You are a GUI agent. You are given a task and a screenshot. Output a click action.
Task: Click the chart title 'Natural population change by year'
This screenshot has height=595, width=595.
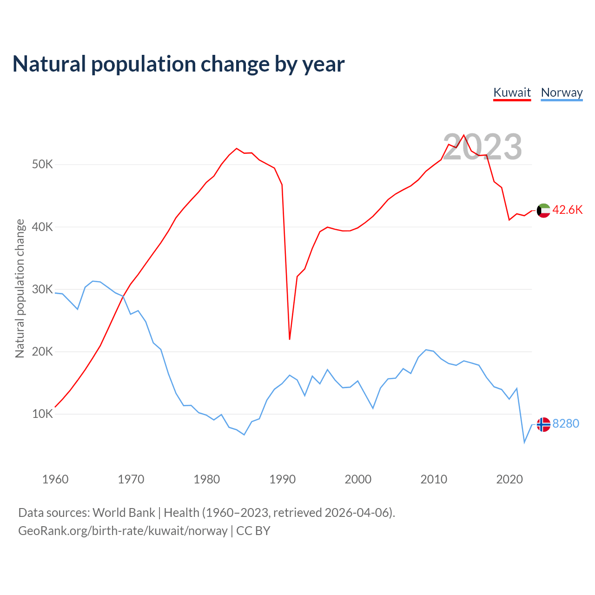click(178, 64)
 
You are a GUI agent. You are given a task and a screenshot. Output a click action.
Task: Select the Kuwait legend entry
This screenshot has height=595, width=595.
click(512, 93)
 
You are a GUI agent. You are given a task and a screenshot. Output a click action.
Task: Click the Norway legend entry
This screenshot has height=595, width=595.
click(562, 93)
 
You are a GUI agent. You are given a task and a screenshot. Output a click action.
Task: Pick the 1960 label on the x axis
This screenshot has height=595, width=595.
click(55, 479)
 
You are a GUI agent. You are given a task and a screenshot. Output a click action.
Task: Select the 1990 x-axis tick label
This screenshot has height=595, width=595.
click(283, 479)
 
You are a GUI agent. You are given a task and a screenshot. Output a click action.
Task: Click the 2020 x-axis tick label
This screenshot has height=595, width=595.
click(509, 479)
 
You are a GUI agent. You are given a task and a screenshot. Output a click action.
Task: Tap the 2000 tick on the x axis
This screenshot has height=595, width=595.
click(358, 479)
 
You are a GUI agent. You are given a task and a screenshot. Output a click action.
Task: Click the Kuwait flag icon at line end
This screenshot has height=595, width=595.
click(543, 211)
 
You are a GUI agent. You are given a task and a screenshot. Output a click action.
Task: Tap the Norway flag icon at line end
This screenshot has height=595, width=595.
click(543, 424)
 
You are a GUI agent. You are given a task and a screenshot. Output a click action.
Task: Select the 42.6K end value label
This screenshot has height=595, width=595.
click(568, 210)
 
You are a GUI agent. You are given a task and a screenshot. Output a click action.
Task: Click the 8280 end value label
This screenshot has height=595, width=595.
click(566, 424)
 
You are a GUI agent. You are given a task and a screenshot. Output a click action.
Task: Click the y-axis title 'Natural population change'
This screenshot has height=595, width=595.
click(20, 288)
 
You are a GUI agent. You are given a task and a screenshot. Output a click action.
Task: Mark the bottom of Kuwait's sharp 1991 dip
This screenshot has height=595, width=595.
click(290, 339)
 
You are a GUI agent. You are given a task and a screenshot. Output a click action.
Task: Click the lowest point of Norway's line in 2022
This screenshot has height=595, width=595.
click(524, 442)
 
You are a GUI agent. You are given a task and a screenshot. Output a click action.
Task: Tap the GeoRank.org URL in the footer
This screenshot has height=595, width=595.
click(123, 531)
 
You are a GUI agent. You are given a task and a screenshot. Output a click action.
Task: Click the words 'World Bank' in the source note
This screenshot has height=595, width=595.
click(124, 513)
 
